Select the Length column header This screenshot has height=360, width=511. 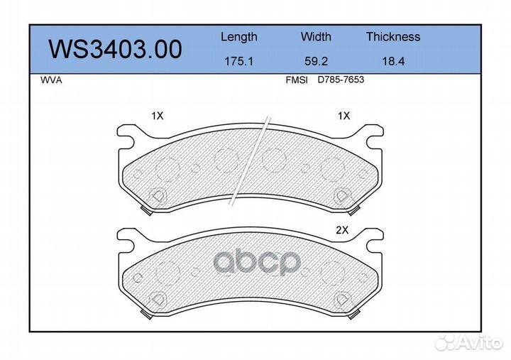pyautogui.click(x=238, y=37)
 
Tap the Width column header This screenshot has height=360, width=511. pyautogui.click(x=316, y=37)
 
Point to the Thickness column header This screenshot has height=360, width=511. pyautogui.click(x=392, y=37)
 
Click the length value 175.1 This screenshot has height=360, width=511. pyautogui.click(x=238, y=62)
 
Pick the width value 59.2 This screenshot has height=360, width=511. pyautogui.click(x=316, y=62)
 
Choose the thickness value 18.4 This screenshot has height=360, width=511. pyautogui.click(x=392, y=62)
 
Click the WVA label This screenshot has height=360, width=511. pyautogui.click(x=52, y=80)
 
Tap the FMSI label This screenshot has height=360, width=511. pyautogui.click(x=296, y=80)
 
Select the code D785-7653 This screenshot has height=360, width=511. pyautogui.click(x=341, y=80)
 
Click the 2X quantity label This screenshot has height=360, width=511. pyautogui.click(x=344, y=229)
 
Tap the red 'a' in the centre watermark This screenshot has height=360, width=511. pyautogui.click(x=226, y=263)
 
